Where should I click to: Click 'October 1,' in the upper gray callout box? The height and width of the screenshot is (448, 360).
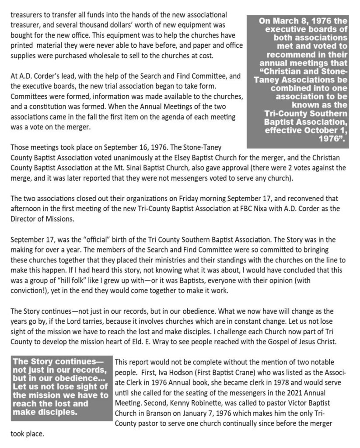pos(325,132)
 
